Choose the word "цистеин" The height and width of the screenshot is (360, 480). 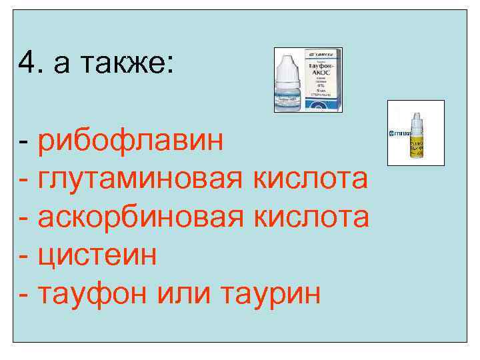pos(97,255)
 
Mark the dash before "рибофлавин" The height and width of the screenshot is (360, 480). pos(23,143)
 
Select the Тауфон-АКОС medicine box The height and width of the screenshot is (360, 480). pos(323,79)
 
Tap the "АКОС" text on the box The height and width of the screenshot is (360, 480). pos(323,72)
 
